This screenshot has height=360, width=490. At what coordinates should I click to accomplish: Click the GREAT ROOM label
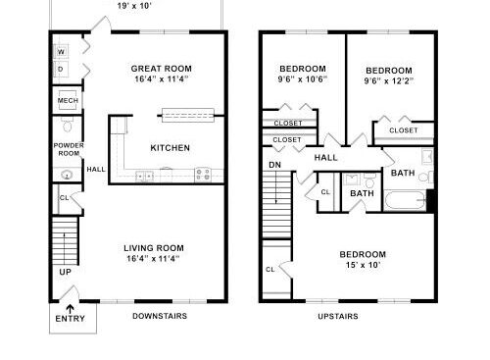pos(162,69)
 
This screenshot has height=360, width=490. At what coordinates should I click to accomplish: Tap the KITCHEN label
pos(171,148)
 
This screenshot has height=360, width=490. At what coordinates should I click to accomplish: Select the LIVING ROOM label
pos(154,248)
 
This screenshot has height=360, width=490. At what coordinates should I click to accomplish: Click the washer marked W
pos(61,52)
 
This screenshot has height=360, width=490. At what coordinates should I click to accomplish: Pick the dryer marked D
pos(61,69)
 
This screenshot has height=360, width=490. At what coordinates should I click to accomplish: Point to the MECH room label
pos(68,100)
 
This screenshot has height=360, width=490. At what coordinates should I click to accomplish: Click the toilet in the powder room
pos(68,125)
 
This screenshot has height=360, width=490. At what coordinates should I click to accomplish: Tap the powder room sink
pos(67,176)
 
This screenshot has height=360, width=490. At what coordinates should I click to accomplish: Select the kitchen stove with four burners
pos(203,175)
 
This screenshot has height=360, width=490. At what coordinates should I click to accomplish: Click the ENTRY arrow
pos(71,309)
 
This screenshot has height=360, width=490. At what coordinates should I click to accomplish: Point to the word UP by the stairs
pos(65,272)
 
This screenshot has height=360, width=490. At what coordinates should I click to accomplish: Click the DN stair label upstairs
pos(275,165)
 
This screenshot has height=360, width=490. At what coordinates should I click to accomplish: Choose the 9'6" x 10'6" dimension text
pos(303,79)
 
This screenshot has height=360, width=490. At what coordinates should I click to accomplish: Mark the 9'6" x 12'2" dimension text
pos(389,80)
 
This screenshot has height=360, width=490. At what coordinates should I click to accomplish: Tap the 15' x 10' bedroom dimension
pos(363,265)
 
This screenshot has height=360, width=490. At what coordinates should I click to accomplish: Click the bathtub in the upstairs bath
pos(405,200)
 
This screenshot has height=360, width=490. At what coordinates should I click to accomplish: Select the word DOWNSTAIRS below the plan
pos(160,316)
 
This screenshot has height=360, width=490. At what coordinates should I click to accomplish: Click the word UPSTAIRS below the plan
pos(338,316)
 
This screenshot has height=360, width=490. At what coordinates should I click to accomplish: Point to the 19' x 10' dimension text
pos(134,6)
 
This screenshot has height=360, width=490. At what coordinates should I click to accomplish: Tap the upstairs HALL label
pos(325,158)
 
